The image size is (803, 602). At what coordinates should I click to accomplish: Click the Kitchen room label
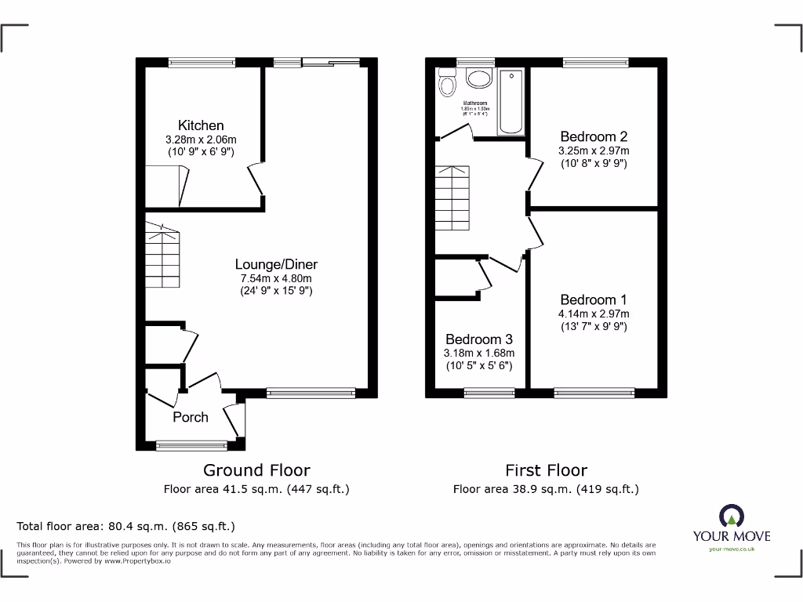click(x=201, y=125)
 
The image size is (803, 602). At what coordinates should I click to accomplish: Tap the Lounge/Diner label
click(x=277, y=264)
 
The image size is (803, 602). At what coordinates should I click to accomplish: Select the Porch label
click(x=191, y=417)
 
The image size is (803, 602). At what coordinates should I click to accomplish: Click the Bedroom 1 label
click(x=594, y=299)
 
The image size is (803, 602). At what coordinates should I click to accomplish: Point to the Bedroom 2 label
click(x=594, y=136)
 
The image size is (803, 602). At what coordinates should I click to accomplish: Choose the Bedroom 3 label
click(x=479, y=339)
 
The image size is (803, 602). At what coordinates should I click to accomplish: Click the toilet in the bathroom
click(x=448, y=82)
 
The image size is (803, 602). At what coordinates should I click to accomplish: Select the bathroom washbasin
click(x=477, y=78)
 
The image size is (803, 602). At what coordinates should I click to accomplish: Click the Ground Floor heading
click(x=256, y=470)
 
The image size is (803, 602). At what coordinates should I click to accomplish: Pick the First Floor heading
click(x=546, y=470)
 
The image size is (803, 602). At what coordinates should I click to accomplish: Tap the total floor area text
click(x=126, y=526)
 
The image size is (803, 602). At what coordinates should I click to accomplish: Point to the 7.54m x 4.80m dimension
click(x=277, y=278)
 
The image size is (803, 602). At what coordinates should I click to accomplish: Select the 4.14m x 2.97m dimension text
click(x=594, y=314)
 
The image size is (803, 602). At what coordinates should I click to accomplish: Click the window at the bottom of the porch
click(x=191, y=446)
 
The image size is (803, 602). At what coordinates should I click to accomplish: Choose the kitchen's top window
click(x=202, y=62)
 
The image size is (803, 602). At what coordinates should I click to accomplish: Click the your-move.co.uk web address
click(x=731, y=549)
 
